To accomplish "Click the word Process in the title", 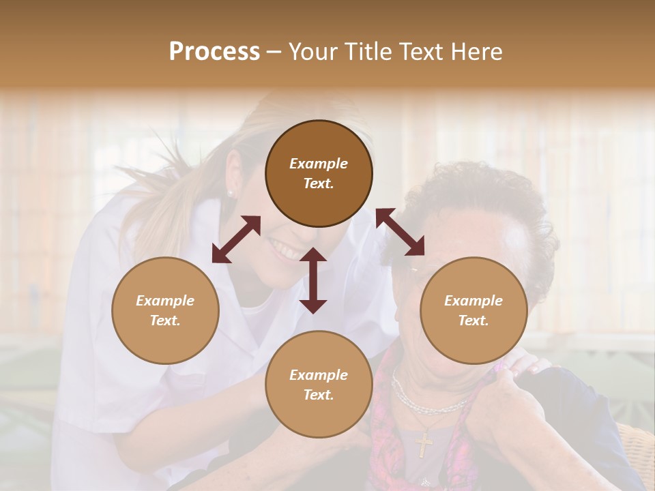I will pos(214,52).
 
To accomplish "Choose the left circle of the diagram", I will pos(165,310).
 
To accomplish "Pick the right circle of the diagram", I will pos(474,310).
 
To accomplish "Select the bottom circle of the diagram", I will pos(319,385).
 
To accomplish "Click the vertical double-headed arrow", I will pos(313,280).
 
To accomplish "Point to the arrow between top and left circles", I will pos(236,239).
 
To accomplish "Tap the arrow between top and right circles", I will pos(401,232).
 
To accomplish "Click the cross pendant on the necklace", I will pos(424,444).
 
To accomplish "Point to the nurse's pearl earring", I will pos(230,194).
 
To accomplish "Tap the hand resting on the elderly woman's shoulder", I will pos(522,365).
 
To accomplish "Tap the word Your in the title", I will pos(312,52).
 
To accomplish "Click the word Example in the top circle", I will pos(319,164).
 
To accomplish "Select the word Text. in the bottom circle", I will pos(319,395).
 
